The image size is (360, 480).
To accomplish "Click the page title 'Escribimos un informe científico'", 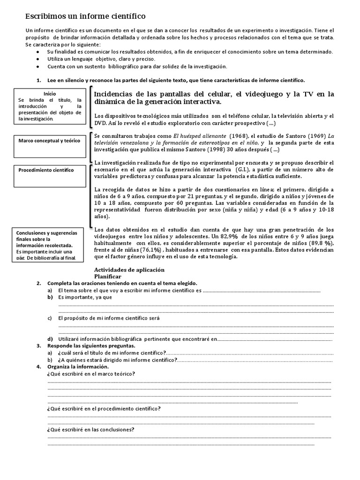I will pyautogui.click(x=85, y=17).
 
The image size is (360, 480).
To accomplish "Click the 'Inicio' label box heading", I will pyautogui.click(x=50, y=94).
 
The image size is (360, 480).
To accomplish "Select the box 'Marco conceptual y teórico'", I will pyautogui.click(x=50, y=141).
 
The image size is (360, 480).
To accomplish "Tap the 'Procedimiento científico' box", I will pyautogui.click(x=50, y=170).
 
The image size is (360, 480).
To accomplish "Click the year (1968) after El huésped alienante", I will pyautogui.click(x=224, y=135).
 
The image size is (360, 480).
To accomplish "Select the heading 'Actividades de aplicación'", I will pyautogui.click(x=129, y=270).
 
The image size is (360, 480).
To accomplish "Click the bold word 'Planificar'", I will pyautogui.click(x=108, y=277).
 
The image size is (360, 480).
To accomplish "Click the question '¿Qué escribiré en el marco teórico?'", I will pyautogui.click(x=91, y=373).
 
